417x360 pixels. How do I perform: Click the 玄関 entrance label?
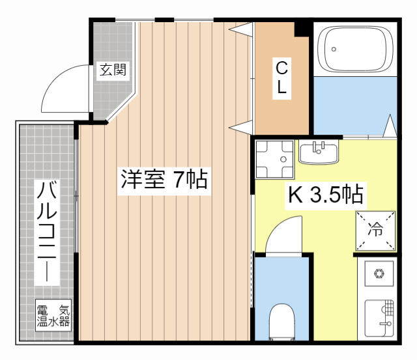113,70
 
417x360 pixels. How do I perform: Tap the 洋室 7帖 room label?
164,180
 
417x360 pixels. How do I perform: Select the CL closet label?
281,77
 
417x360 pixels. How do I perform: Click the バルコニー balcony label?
47,231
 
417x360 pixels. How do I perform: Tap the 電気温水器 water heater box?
53,315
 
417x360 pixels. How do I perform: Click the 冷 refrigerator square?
375,230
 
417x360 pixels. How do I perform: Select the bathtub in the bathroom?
355,49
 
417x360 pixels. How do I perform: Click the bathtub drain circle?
334,49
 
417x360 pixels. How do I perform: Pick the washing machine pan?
275,159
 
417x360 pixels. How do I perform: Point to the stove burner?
379,273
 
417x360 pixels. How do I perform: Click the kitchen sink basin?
379,318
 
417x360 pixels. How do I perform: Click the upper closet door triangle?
241,29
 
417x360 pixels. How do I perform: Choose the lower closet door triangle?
241,128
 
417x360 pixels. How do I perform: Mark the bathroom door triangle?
390,126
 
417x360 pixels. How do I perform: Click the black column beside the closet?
303,29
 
